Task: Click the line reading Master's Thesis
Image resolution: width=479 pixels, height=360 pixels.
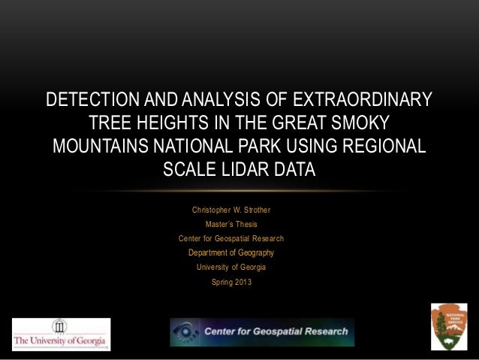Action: click(231, 223)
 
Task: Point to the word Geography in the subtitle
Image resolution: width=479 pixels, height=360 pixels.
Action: click(252, 253)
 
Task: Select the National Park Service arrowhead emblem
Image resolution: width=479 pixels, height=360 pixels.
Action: click(449, 325)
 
